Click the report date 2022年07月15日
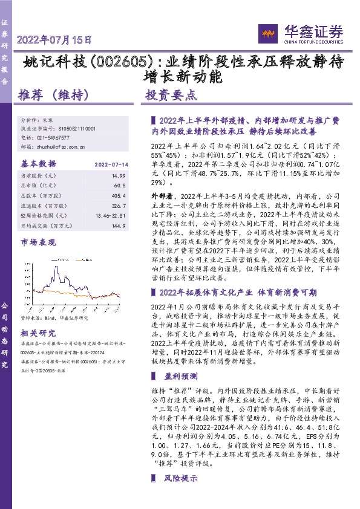click(54, 41)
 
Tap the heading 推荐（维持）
click(54, 96)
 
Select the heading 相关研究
click(38, 332)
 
